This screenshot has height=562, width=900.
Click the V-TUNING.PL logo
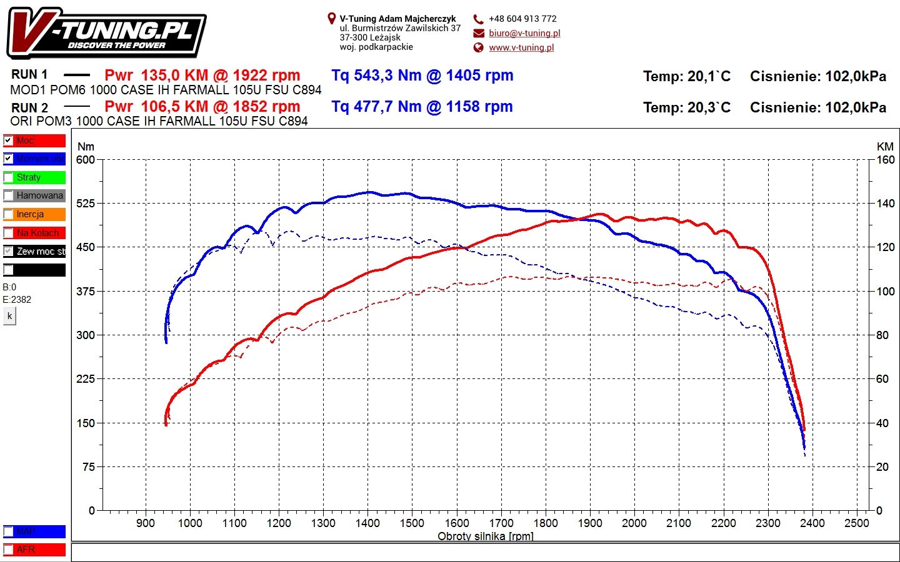click(106, 33)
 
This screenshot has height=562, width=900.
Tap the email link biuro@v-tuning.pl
click(524, 33)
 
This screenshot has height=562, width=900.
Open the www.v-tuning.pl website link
click(521, 47)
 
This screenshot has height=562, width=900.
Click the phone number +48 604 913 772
click(522, 19)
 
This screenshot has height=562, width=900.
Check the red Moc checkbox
click(8, 140)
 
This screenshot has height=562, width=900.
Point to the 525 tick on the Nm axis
click(86, 204)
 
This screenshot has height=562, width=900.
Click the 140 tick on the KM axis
click(885, 204)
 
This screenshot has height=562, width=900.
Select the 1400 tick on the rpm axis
click(367, 523)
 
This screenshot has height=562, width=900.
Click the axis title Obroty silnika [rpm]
click(486, 536)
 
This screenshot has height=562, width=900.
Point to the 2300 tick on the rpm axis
click(768, 523)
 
